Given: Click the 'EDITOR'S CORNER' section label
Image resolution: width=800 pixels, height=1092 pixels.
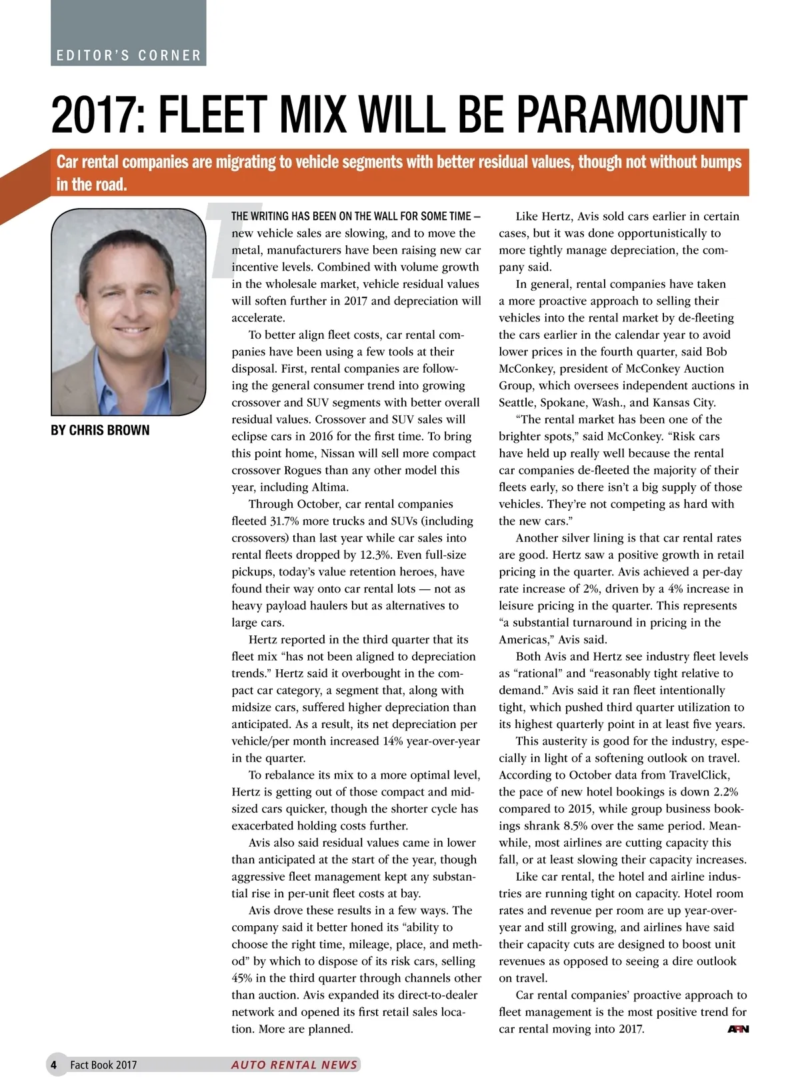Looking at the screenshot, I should pos(129,55).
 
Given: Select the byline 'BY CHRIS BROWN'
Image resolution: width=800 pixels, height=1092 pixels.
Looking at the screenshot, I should pos(100,430).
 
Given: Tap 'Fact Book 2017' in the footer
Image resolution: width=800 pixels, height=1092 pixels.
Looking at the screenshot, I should pos(103,1065).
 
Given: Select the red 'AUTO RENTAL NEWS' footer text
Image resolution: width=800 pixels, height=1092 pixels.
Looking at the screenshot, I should pos(294,1065).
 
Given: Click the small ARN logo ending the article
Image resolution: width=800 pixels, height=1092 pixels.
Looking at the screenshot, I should pos(738,1029).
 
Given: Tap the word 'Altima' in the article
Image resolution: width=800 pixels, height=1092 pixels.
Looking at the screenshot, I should pos(329,487).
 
